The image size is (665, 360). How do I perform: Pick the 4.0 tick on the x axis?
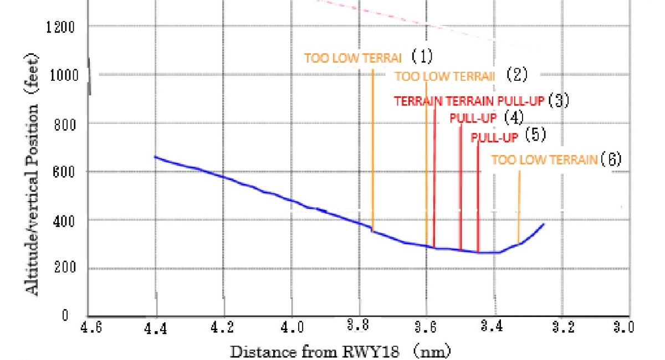click(292, 327)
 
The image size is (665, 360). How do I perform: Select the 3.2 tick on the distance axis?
click(561, 327)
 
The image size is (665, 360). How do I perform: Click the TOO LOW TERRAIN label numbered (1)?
click(355, 57)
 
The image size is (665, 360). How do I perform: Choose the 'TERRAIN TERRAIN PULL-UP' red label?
click(469, 101)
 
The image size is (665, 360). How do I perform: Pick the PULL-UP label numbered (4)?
click(473, 118)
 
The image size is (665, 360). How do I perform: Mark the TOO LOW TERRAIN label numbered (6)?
click(544, 160)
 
